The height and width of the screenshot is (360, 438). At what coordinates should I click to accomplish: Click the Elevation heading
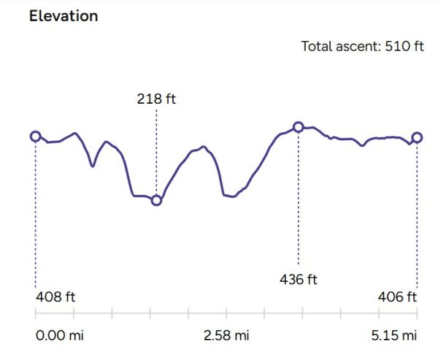pos(64,15)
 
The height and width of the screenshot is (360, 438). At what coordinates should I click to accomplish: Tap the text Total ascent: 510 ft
pos(363,46)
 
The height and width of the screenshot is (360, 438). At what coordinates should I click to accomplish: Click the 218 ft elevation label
pos(156,99)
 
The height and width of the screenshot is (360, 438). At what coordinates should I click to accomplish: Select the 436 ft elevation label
pos(299,279)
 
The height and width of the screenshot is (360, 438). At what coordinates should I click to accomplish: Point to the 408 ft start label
pos(55,297)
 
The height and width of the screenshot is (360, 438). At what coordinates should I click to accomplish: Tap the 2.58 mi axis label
pos(226,336)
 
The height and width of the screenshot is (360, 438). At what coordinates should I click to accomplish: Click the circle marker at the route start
pos(35,136)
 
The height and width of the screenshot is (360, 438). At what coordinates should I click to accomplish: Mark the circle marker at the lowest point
pos(156,200)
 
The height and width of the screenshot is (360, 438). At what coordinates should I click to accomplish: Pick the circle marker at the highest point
pos(299,127)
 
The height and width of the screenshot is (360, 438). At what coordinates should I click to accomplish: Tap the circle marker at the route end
pos(417,137)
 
